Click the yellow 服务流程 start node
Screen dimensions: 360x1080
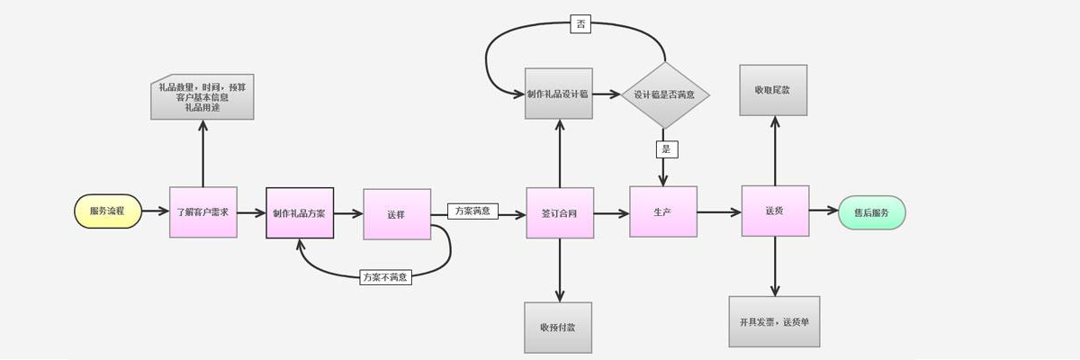click(108, 211)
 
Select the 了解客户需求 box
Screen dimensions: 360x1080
click(202, 212)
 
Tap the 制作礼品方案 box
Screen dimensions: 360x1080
click(300, 213)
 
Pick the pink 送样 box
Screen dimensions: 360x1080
click(397, 214)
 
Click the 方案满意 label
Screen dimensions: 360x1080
click(472, 211)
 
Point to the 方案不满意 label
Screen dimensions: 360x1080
click(385, 277)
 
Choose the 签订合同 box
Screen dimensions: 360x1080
click(560, 213)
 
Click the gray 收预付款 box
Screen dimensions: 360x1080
click(558, 327)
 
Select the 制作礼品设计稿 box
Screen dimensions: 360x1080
click(559, 94)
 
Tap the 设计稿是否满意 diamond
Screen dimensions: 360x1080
click(665, 94)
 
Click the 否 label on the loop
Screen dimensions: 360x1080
click(580, 24)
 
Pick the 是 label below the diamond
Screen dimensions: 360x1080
click(667, 149)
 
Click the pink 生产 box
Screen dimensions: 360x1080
click(663, 211)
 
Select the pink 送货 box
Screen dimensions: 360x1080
click(775, 211)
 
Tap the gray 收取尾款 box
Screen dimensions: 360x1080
click(773, 90)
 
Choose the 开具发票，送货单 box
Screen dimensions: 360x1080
click(774, 321)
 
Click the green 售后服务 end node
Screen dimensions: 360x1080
click(871, 212)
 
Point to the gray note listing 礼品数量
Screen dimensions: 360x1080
click(202, 97)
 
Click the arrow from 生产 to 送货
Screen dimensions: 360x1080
click(719, 212)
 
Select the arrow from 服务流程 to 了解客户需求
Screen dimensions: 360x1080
click(156, 211)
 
